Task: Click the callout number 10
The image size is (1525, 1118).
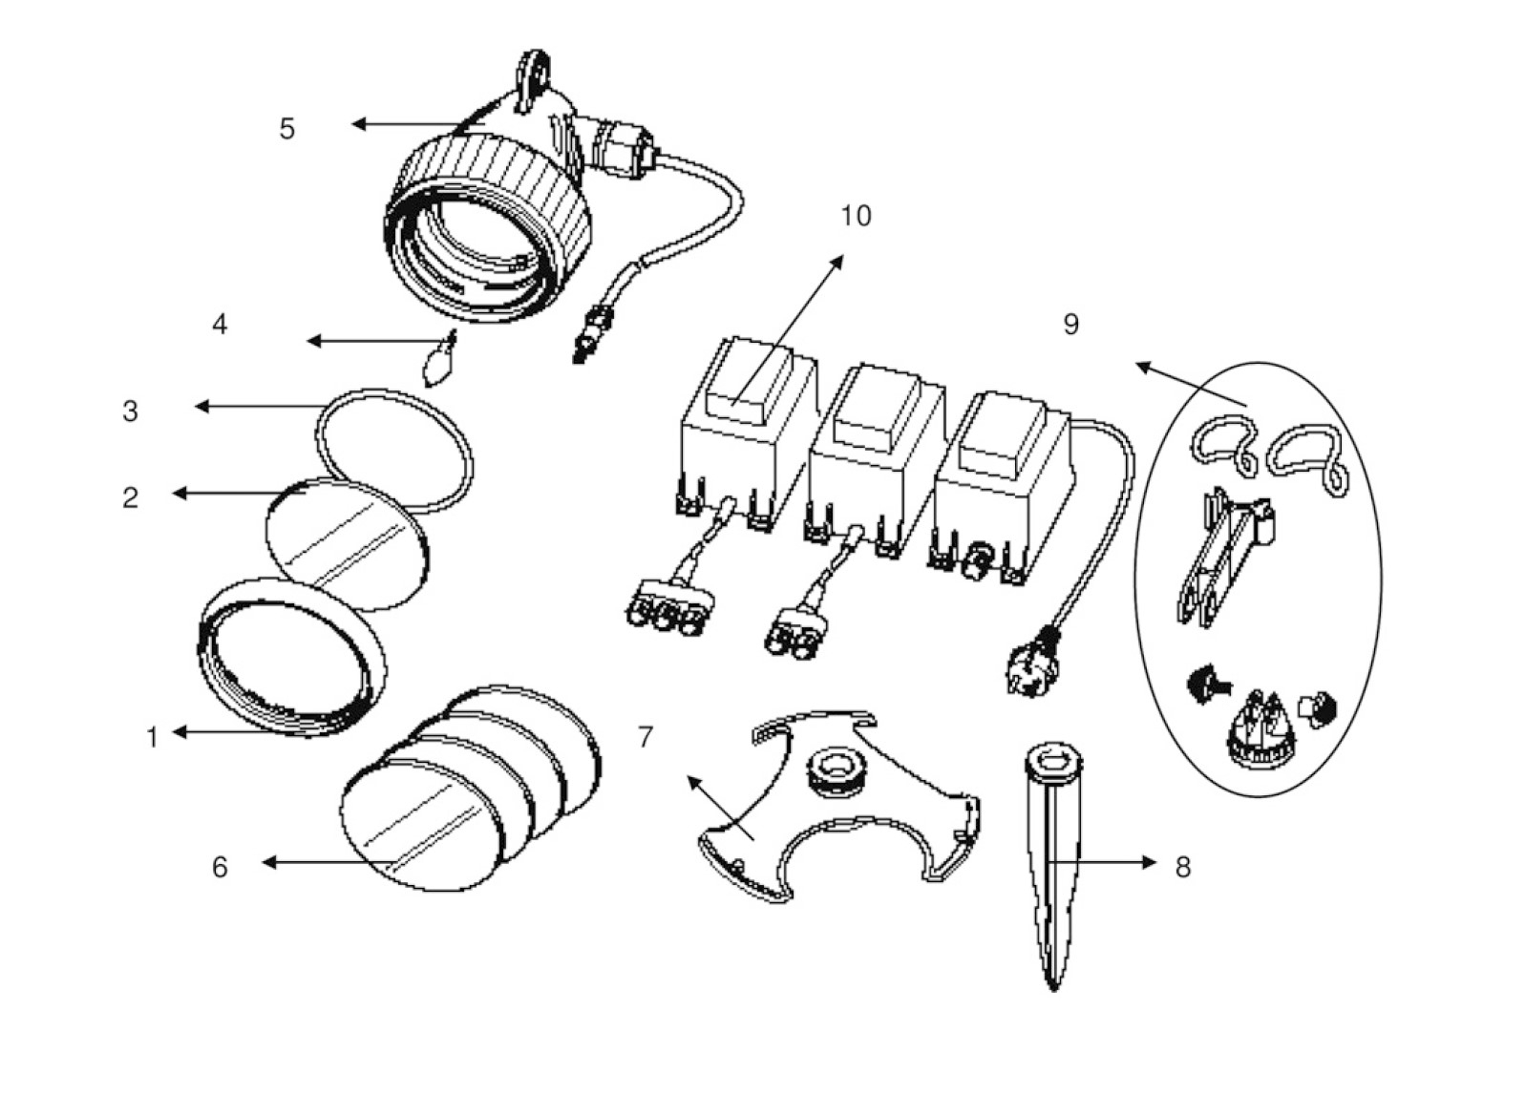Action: tap(856, 217)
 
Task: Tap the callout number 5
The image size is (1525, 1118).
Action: tap(287, 129)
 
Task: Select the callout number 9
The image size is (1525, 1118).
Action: tap(1070, 325)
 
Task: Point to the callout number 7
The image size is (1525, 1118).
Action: tap(646, 737)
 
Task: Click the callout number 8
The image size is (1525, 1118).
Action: tap(1183, 867)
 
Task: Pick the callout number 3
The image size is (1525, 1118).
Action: tap(130, 411)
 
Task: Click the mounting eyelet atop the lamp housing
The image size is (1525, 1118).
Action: tap(535, 72)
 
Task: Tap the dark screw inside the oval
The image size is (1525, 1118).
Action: tap(1199, 684)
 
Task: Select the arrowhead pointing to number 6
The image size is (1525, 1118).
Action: tap(268, 862)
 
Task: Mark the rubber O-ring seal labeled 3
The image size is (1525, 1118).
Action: tap(393, 449)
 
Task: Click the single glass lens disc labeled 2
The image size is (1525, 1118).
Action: tap(346, 542)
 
